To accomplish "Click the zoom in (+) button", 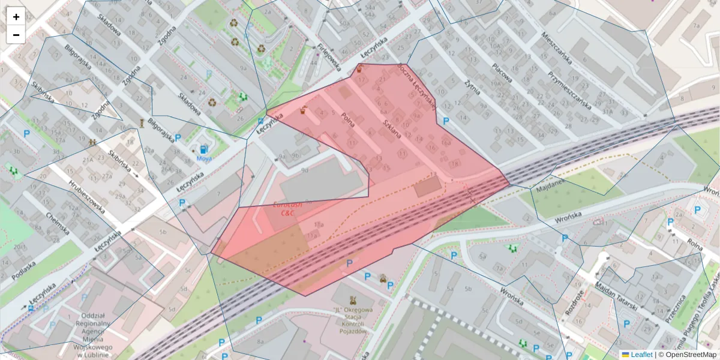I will click(x=16, y=17).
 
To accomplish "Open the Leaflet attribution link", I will click(x=641, y=355).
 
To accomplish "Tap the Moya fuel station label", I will click(x=204, y=159).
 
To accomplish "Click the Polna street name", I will click(x=347, y=119).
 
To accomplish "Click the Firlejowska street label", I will click(x=329, y=56).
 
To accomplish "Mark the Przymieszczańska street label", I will click(x=569, y=90).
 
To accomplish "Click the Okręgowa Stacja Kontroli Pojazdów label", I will click(x=352, y=322).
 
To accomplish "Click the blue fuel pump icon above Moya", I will click(x=204, y=148).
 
